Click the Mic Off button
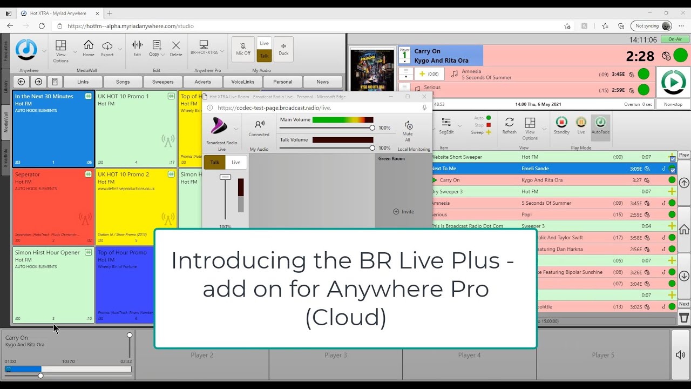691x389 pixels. point(243,49)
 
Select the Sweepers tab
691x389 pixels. point(162,82)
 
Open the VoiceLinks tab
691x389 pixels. point(242,82)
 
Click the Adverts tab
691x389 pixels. point(202,82)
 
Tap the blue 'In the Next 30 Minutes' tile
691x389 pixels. point(53,129)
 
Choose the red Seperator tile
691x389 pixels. point(53,206)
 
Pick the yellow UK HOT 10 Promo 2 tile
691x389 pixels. point(136,206)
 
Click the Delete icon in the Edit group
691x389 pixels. point(176,48)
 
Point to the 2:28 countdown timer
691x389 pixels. point(640,56)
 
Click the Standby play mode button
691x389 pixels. point(561,125)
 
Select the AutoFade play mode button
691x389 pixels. point(600,125)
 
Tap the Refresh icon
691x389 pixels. point(509,125)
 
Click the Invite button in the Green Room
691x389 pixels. point(404,212)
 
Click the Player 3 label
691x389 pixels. point(335,355)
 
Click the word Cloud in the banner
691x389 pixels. point(345,317)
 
